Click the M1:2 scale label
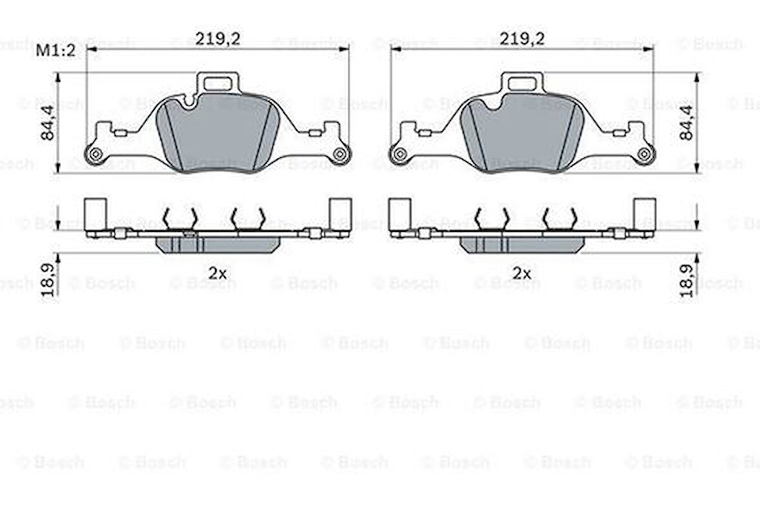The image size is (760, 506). click(x=56, y=50)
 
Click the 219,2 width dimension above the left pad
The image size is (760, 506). click(x=218, y=38)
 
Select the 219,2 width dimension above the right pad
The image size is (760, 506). click(x=522, y=38)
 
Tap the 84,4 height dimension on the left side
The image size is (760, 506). click(x=48, y=124)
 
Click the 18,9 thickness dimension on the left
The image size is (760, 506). click(x=48, y=281)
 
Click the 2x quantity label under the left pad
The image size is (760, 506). click(x=218, y=274)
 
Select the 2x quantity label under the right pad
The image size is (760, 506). click(x=522, y=274)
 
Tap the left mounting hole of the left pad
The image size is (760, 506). click(x=95, y=154)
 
